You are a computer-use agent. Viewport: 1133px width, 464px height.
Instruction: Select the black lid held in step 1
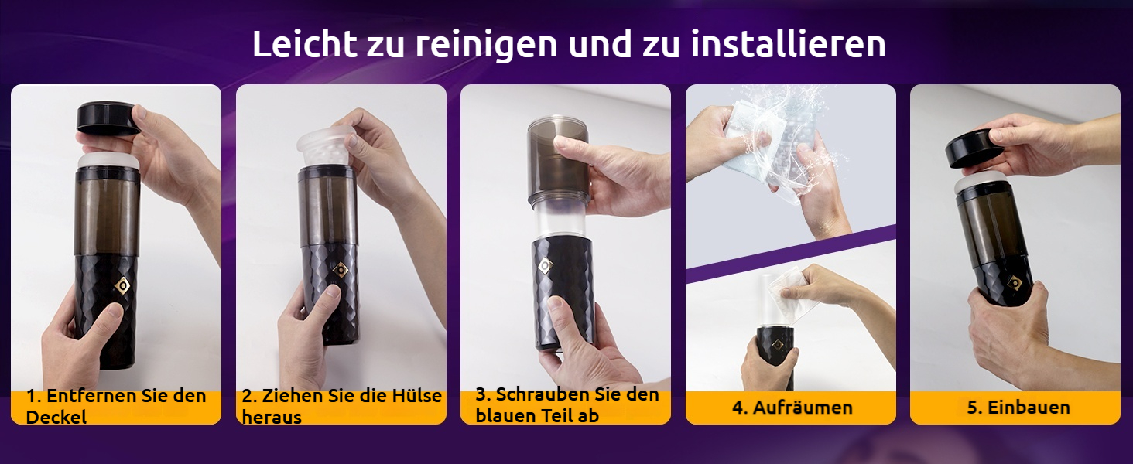(x=108, y=119)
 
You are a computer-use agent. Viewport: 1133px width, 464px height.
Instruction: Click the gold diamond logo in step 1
(x=122, y=285)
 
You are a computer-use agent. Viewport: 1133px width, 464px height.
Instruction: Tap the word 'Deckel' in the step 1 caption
(x=56, y=417)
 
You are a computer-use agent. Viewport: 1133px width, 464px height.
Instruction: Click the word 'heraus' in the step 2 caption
(x=272, y=418)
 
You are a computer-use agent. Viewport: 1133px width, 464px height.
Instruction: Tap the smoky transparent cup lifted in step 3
(x=558, y=162)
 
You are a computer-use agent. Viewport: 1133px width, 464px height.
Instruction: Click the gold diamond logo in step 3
(x=545, y=265)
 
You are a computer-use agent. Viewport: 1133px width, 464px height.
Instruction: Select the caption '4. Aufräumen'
(x=792, y=408)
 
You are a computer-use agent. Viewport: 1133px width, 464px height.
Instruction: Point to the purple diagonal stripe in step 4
(x=791, y=253)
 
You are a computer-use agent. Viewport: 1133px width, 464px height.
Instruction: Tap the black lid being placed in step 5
(x=974, y=149)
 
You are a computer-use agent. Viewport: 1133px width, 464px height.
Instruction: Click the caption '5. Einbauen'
(x=1018, y=408)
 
